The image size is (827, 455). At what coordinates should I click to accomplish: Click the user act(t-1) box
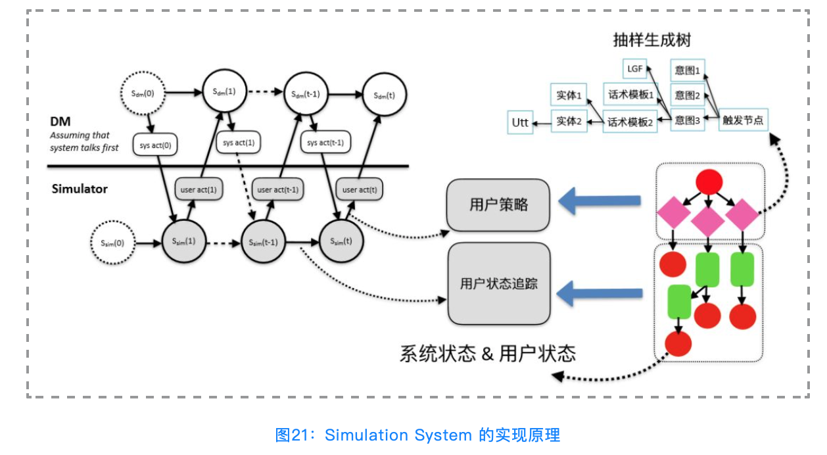[278, 190]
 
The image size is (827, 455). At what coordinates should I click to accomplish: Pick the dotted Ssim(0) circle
[112, 243]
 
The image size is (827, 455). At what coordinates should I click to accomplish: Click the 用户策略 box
[498, 204]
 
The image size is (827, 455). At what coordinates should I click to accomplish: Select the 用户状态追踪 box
[498, 283]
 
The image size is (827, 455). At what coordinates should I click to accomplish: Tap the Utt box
[521, 122]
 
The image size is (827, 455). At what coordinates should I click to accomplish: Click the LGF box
[635, 68]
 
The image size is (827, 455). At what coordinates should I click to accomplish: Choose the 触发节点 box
[743, 121]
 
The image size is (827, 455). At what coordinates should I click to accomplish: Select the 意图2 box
[688, 95]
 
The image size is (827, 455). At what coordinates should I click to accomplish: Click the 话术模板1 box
[630, 95]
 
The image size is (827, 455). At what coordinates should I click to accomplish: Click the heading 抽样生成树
[651, 40]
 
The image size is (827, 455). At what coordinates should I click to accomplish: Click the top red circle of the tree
[709, 181]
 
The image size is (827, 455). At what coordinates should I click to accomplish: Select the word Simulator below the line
[80, 189]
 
